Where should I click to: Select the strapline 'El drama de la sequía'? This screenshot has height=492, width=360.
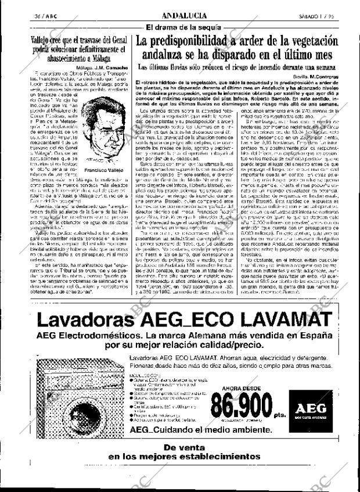[x=183, y=27]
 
